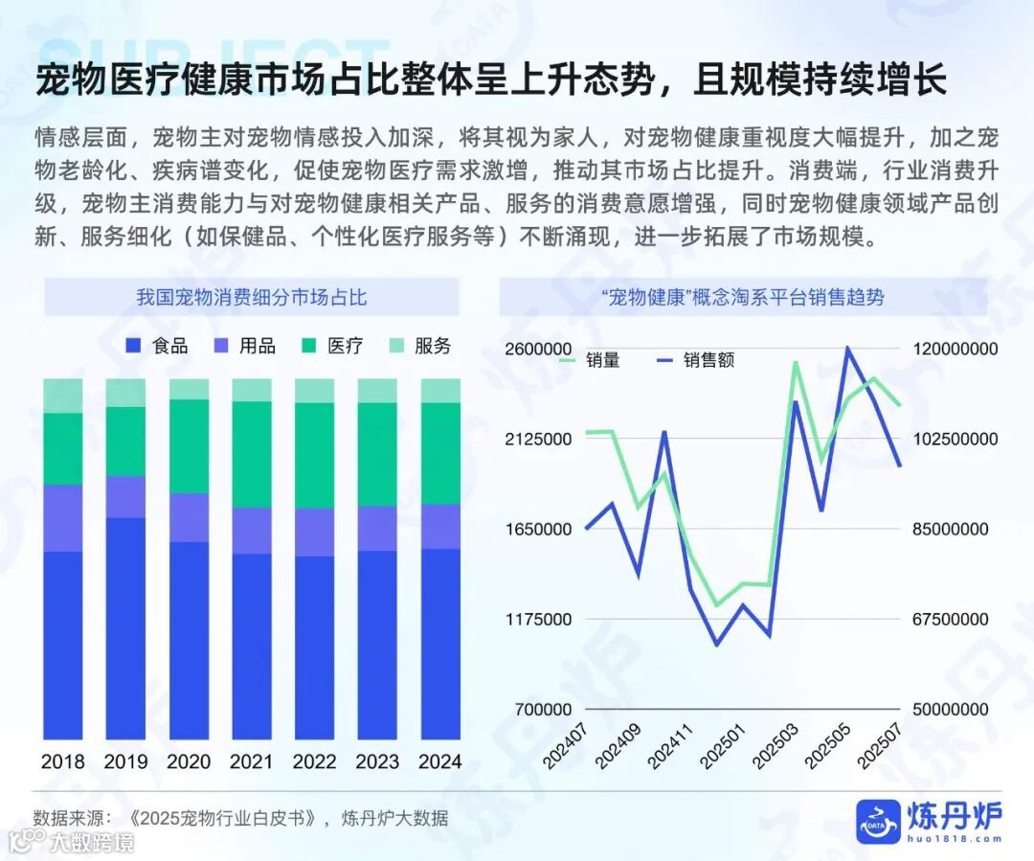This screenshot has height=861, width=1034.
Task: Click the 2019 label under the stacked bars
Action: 125,762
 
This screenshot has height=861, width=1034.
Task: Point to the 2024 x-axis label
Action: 440,762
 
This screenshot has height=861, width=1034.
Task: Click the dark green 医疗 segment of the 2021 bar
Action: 252,454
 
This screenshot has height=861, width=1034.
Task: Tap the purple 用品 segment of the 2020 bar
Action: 189,517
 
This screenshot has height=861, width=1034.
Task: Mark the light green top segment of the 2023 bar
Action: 377,390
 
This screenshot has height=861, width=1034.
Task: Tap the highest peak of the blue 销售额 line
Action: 847,348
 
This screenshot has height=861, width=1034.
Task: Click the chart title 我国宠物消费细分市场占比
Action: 252,297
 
